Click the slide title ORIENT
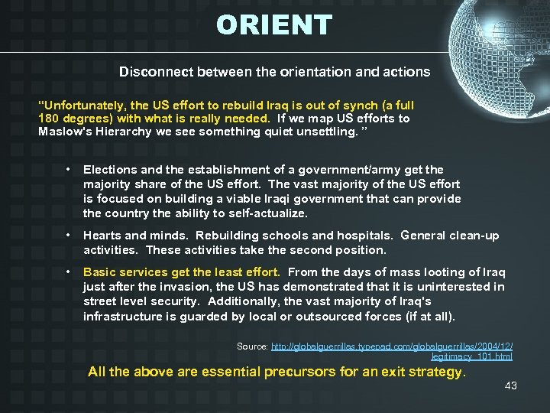pos(274,26)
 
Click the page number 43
pos(511,385)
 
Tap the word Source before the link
pos(251,346)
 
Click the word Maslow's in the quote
pos(64,132)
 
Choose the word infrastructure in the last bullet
pos(122,317)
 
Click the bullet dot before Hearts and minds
pos(69,236)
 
